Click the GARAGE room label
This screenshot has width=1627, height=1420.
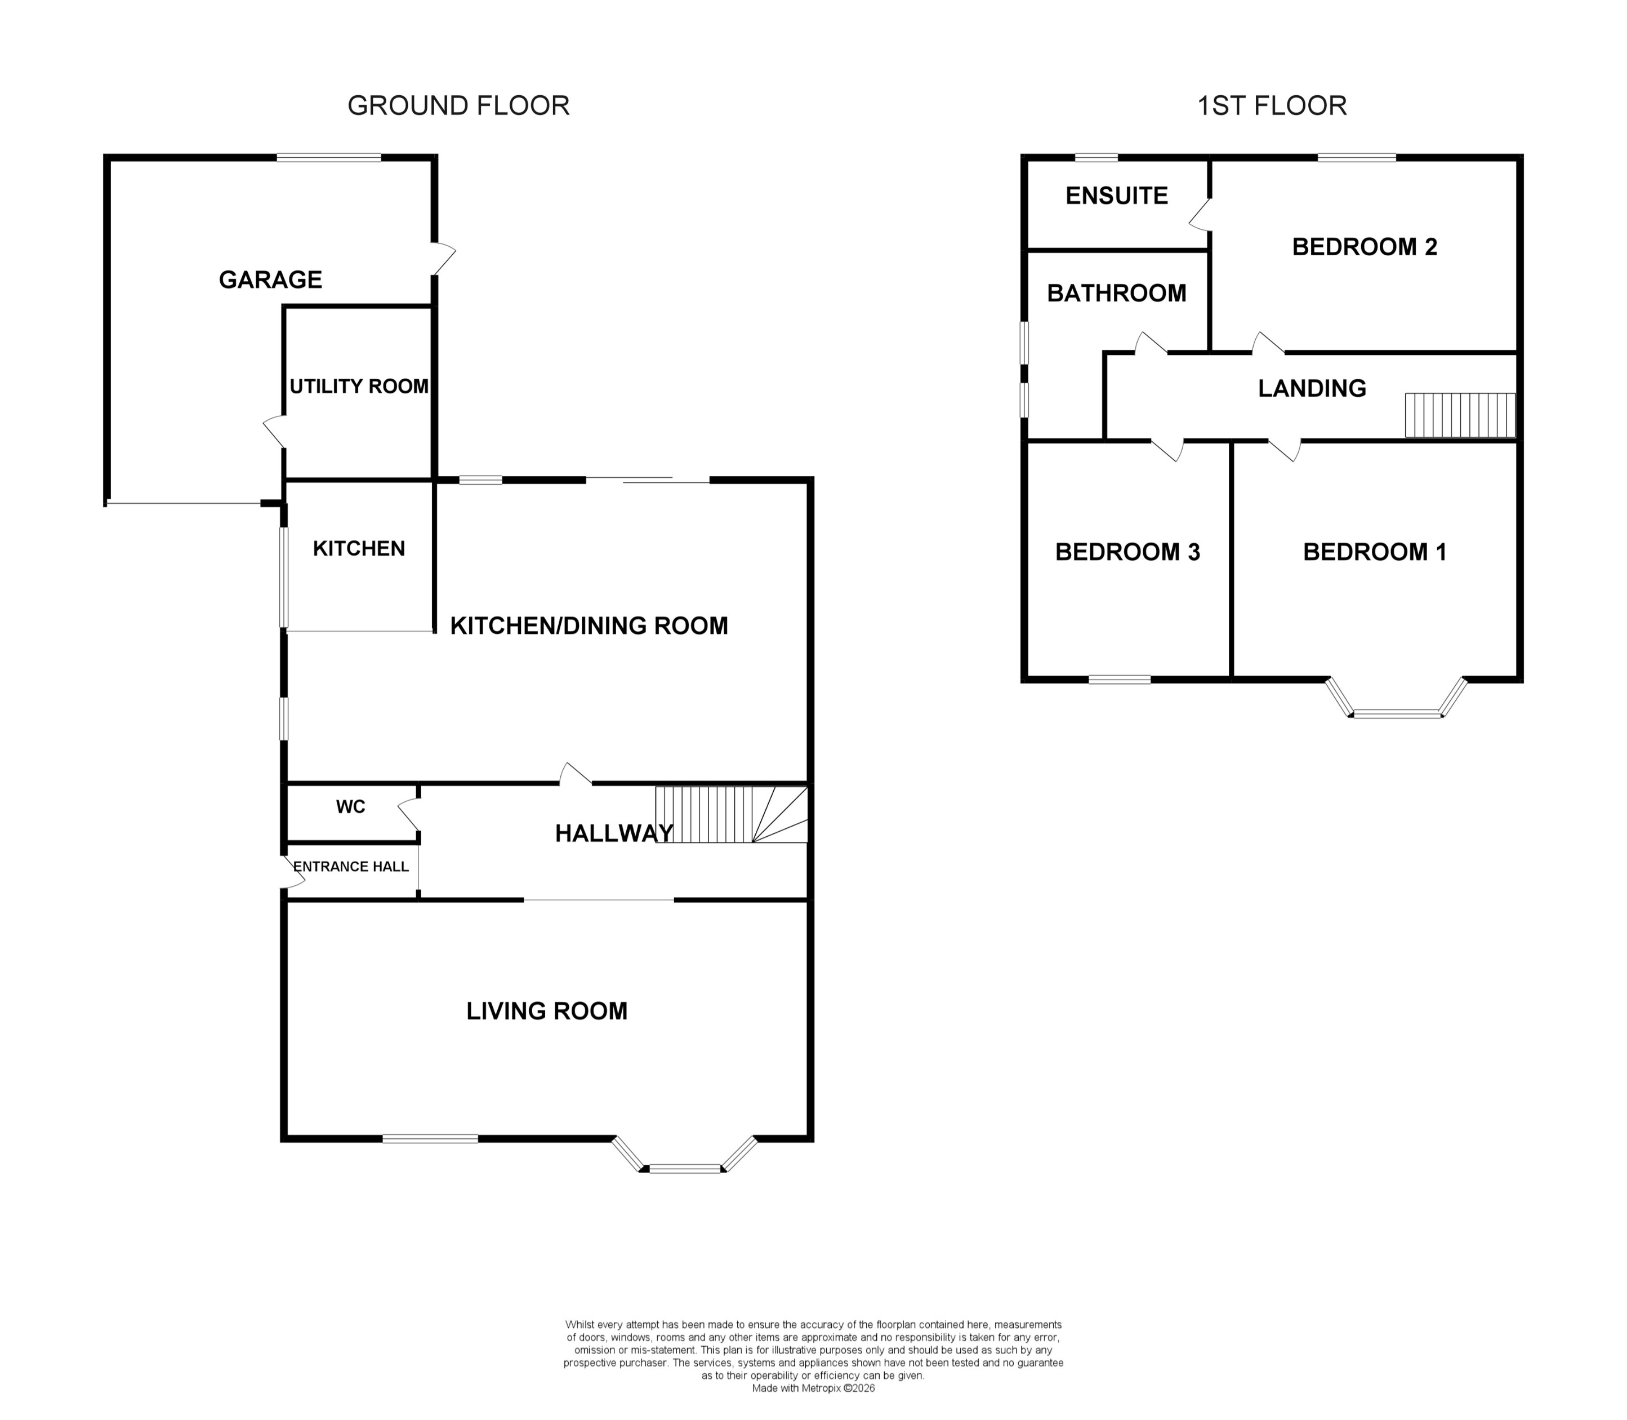pyautogui.click(x=270, y=279)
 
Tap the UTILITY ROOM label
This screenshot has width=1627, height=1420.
pyautogui.click(x=359, y=387)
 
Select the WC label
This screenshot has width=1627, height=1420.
pyautogui.click(x=351, y=807)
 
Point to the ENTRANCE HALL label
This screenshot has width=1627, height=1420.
pyautogui.click(x=351, y=867)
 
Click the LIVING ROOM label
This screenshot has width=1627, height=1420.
pyautogui.click(x=547, y=1011)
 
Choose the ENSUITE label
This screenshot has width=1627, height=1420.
pyautogui.click(x=1116, y=196)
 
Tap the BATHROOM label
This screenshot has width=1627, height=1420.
pyautogui.click(x=1116, y=293)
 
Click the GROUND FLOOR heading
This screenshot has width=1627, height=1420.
pyautogui.click(x=458, y=105)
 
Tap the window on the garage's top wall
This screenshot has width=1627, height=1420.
pyautogui.click(x=329, y=158)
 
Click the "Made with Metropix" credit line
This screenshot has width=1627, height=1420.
pyautogui.click(x=813, y=1388)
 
